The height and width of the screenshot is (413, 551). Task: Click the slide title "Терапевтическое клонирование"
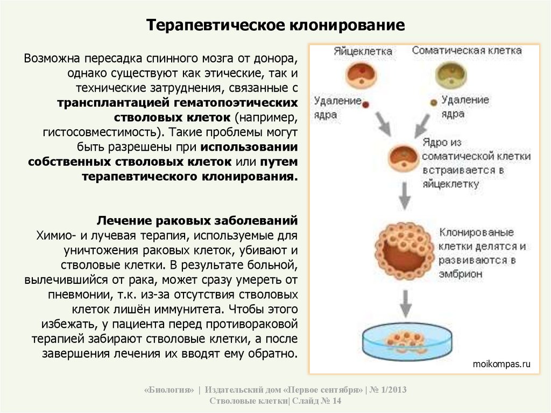pyautogui.click(x=276, y=26)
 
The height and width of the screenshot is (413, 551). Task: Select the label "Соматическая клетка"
pyautogui.click(x=467, y=51)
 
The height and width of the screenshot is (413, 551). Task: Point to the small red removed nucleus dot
pyautogui.click(x=366, y=103)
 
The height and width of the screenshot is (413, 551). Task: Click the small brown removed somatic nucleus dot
pyautogui.click(x=432, y=102)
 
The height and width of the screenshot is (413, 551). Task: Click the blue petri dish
pyautogui.click(x=404, y=342)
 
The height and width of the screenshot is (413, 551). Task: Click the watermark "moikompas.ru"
pyautogui.click(x=501, y=364)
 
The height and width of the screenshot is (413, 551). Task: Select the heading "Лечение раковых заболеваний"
pyautogui.click(x=197, y=221)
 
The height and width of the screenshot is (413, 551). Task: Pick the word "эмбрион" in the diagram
pyautogui.click(x=460, y=274)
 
